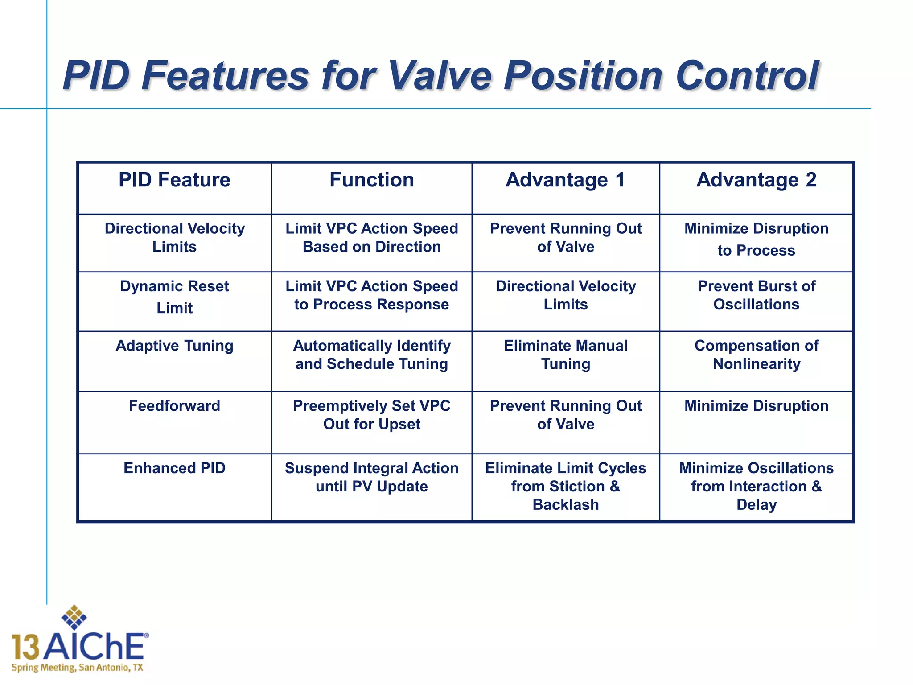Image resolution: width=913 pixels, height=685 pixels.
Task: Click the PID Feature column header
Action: [174, 180]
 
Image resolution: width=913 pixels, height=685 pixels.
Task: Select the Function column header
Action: [371, 180]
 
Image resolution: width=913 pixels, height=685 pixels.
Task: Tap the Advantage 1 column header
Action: [565, 180]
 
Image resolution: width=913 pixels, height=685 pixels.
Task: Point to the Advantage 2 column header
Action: [756, 180]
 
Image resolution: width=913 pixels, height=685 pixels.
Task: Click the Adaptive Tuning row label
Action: [174, 346]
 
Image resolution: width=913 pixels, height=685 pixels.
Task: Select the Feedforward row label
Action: [174, 406]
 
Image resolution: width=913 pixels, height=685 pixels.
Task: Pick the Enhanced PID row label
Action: [174, 468]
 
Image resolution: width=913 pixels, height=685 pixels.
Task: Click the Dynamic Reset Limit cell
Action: [174, 297]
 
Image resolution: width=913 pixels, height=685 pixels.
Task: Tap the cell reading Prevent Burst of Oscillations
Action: [756, 295]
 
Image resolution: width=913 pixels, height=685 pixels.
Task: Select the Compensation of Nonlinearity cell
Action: [756, 355]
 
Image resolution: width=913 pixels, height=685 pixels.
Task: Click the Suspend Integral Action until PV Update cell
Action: [371, 477]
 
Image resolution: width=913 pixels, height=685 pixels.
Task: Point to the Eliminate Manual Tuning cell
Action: [565, 355]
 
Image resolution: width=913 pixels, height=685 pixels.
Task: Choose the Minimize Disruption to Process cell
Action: [756, 239]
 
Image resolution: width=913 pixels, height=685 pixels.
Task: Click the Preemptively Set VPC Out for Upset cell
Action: [371, 415]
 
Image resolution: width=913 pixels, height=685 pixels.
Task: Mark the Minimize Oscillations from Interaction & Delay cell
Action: [756, 486]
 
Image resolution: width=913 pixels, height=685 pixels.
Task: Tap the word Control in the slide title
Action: [747, 76]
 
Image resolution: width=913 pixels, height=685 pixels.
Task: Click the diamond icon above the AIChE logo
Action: [74, 618]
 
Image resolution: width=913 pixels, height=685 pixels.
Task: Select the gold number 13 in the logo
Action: [25, 648]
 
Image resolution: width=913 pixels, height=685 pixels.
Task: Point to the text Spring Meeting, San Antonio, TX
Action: [77, 668]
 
